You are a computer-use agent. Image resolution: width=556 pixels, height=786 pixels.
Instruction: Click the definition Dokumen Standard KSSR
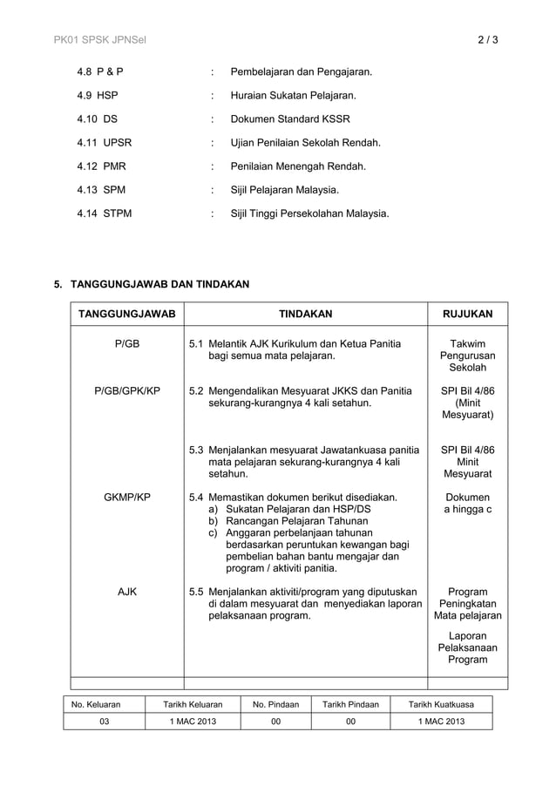click(x=289, y=119)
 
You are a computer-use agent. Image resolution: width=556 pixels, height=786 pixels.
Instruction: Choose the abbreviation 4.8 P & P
click(x=100, y=71)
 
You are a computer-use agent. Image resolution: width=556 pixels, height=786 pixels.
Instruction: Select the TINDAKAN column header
click(x=305, y=314)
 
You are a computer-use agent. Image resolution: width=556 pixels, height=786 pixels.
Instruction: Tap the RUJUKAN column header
click(x=467, y=314)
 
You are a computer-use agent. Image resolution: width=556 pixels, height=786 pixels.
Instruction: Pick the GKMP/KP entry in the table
click(x=127, y=497)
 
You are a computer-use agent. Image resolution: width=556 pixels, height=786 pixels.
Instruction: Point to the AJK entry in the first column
click(x=127, y=592)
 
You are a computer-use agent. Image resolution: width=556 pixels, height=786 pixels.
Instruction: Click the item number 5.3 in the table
click(x=197, y=450)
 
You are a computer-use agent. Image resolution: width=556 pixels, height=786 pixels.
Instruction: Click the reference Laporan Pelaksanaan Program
click(x=467, y=647)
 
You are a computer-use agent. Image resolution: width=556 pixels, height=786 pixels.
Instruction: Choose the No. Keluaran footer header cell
click(x=96, y=704)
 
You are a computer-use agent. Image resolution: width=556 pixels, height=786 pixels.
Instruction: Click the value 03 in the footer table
click(x=104, y=722)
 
